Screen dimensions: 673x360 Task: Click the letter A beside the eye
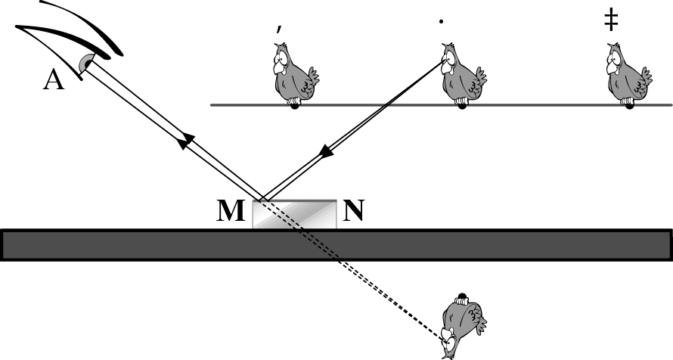pos(54,80)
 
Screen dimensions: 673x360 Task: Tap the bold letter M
pos(231,211)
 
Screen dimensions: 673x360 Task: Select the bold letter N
pos(353,210)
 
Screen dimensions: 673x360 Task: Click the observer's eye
pos(86,64)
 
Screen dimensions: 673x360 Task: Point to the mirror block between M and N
pos(294,214)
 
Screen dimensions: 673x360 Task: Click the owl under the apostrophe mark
pos(295,75)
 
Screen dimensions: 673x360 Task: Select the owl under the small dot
pos(463,75)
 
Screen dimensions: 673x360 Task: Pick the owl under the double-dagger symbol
pos(629,75)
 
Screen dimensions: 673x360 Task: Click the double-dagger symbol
pos(611,20)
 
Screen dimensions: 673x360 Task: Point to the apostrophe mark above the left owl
pos(279,29)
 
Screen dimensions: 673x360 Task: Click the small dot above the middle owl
pos(441,21)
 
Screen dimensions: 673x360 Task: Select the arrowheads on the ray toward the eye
pos(186,141)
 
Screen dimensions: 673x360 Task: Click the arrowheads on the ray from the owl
pos(327,151)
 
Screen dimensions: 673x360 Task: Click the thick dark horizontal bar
pos(336,245)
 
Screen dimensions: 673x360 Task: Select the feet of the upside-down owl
pos(461,299)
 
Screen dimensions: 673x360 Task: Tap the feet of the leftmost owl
pos(294,103)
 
